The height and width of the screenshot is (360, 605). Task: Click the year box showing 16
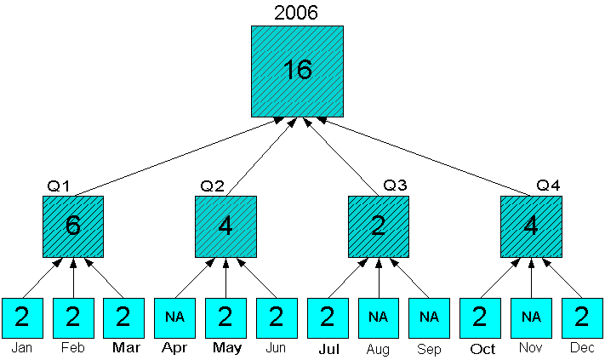(297, 71)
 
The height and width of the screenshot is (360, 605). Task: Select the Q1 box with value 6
(73, 226)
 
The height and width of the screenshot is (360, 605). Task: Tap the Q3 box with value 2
(379, 226)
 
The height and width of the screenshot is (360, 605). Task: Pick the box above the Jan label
(22, 318)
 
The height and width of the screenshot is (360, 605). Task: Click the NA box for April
(174, 318)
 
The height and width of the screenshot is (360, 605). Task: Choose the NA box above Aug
(379, 318)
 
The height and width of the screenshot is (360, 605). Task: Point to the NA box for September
(429, 318)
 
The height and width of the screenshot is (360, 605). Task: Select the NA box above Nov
(531, 318)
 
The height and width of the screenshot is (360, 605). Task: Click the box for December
(582, 318)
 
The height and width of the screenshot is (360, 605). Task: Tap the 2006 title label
(296, 12)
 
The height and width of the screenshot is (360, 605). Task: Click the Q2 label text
(212, 186)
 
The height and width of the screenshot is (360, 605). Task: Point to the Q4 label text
(548, 186)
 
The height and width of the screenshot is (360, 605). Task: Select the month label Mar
(124, 348)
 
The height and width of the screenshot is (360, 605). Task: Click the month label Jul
(328, 348)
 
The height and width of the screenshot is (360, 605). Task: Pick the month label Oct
(482, 348)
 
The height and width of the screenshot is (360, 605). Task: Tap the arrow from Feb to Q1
(73, 277)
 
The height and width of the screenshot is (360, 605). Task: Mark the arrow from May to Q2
(225, 277)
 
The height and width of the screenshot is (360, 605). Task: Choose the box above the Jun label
(276, 318)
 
